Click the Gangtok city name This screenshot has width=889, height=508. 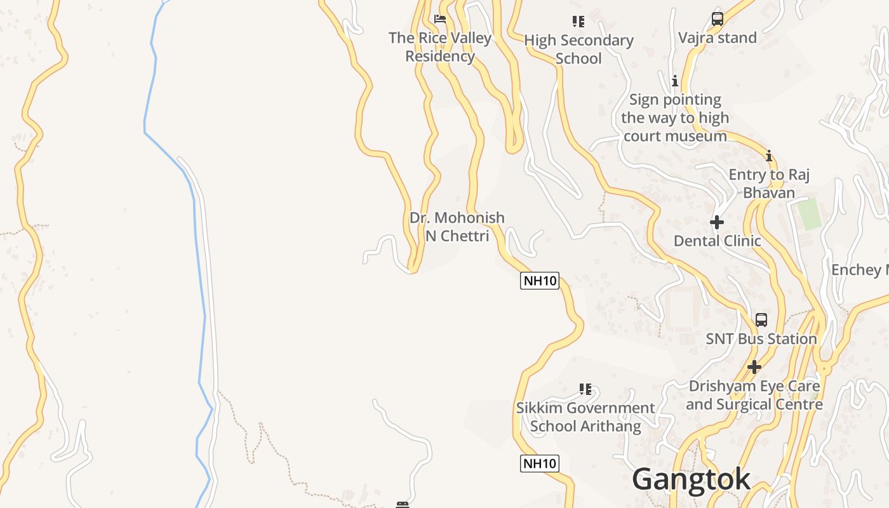[691, 479]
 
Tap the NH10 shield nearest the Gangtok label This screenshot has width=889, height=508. [540, 464]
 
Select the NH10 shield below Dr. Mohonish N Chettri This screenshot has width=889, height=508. [540, 280]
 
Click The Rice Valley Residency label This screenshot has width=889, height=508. [440, 47]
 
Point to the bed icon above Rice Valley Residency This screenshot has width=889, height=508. [439, 19]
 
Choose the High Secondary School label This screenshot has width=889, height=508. [578, 50]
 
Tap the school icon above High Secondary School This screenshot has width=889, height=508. [578, 22]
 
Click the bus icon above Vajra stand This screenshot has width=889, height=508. [717, 19]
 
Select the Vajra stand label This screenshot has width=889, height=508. [718, 38]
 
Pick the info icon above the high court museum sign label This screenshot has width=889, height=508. [674, 81]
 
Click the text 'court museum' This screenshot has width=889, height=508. [675, 136]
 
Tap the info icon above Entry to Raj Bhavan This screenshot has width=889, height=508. [768, 156]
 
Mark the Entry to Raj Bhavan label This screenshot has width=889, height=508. [769, 184]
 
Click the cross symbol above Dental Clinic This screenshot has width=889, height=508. [717, 222]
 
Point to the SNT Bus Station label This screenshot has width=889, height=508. [761, 339]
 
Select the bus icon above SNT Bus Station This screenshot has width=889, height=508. [761, 320]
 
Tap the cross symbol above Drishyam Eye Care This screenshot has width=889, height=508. [754, 367]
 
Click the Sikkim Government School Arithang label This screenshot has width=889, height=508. [585, 417]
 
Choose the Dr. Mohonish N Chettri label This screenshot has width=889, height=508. [457, 227]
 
